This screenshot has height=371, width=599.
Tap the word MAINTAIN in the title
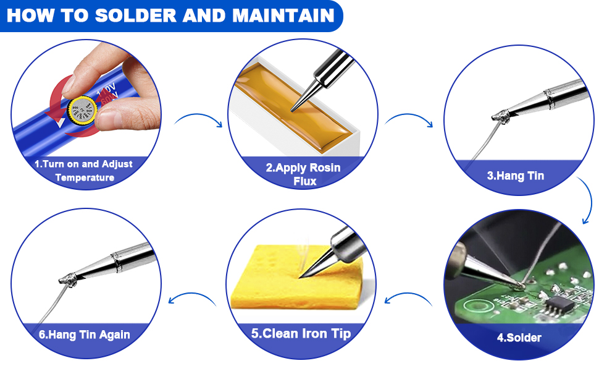click(x=283, y=15)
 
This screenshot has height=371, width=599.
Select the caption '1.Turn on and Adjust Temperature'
click(x=84, y=171)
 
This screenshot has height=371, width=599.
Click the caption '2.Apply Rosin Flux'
click(x=303, y=174)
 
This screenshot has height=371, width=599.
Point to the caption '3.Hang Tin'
click(x=515, y=176)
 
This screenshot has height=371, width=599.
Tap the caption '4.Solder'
click(x=519, y=338)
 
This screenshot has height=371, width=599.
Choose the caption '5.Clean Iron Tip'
click(x=301, y=333)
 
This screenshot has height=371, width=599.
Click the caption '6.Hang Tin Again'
click(x=84, y=335)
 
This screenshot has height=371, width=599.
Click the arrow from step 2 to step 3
click(x=408, y=119)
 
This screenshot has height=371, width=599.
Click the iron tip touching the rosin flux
click(x=296, y=106)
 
